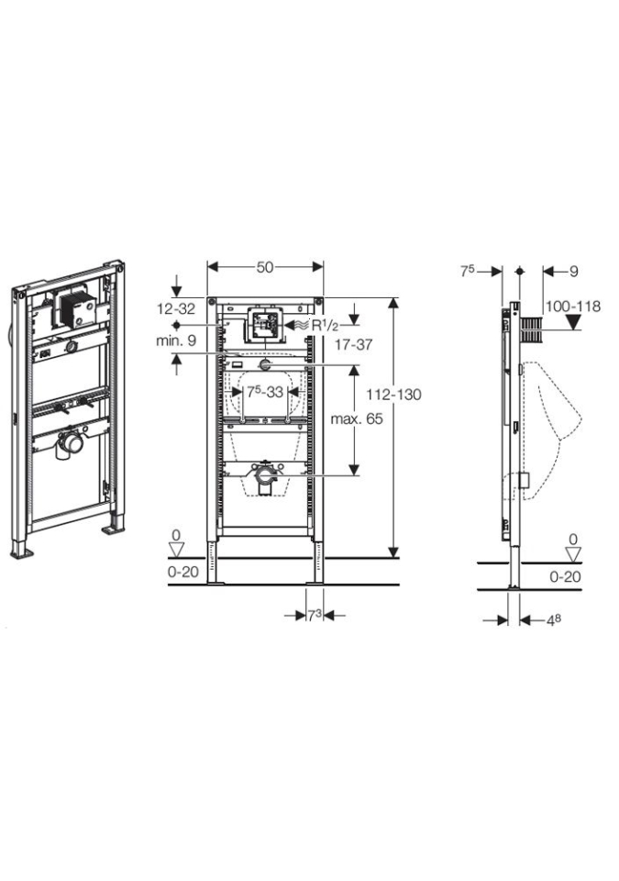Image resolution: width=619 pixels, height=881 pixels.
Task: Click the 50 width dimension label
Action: (x=265, y=267)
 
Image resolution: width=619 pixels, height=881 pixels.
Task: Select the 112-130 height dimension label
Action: (x=393, y=395)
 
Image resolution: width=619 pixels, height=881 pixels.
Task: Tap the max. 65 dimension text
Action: (x=357, y=418)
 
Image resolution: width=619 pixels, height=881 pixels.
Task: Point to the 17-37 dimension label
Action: (x=353, y=344)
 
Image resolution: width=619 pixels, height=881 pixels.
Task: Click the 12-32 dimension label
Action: (x=176, y=308)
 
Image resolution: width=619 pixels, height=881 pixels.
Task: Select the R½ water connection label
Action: (x=326, y=325)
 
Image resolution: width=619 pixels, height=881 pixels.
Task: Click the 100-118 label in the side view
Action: (x=573, y=307)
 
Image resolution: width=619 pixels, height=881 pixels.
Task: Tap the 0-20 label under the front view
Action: (x=183, y=572)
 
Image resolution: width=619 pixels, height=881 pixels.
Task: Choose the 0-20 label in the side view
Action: (x=565, y=576)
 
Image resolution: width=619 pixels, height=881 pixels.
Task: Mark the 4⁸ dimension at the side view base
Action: (x=554, y=619)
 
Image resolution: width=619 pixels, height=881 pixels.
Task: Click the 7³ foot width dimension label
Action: (x=314, y=616)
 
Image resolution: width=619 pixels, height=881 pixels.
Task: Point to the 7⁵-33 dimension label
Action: (x=265, y=392)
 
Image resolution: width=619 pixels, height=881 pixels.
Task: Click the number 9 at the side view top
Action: (x=573, y=272)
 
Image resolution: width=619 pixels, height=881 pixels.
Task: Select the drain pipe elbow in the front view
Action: (x=265, y=479)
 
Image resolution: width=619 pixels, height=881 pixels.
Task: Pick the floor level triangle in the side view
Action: (x=573, y=554)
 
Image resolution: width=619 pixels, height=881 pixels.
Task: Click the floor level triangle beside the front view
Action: (x=178, y=550)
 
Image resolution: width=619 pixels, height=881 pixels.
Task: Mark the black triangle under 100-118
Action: (x=573, y=322)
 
